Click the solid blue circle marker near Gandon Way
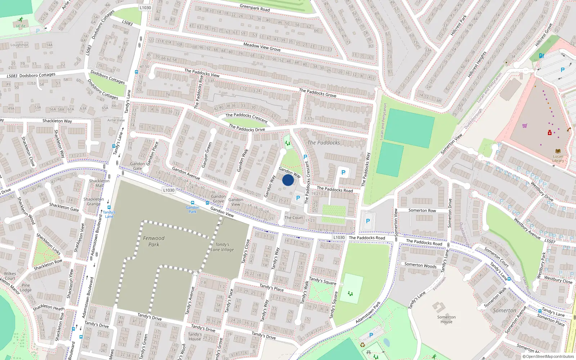click(x=288, y=180)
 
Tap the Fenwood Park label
click(x=154, y=241)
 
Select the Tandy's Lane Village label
click(x=222, y=247)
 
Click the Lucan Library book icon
click(x=558, y=151)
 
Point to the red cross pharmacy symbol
click(x=550, y=133)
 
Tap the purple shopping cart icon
click(x=525, y=126)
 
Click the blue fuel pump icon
click(x=541, y=55)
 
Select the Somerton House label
click(x=446, y=319)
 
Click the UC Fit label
click(x=21, y=26)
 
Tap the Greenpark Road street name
click(x=255, y=8)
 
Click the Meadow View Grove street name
click(x=262, y=47)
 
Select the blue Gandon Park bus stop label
click(x=193, y=209)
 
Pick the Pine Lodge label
click(x=26, y=288)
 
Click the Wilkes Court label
click(x=10, y=276)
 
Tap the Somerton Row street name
click(x=422, y=211)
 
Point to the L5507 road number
click(x=550, y=241)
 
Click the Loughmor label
click(x=19, y=45)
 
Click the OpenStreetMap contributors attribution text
click(x=548, y=357)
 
